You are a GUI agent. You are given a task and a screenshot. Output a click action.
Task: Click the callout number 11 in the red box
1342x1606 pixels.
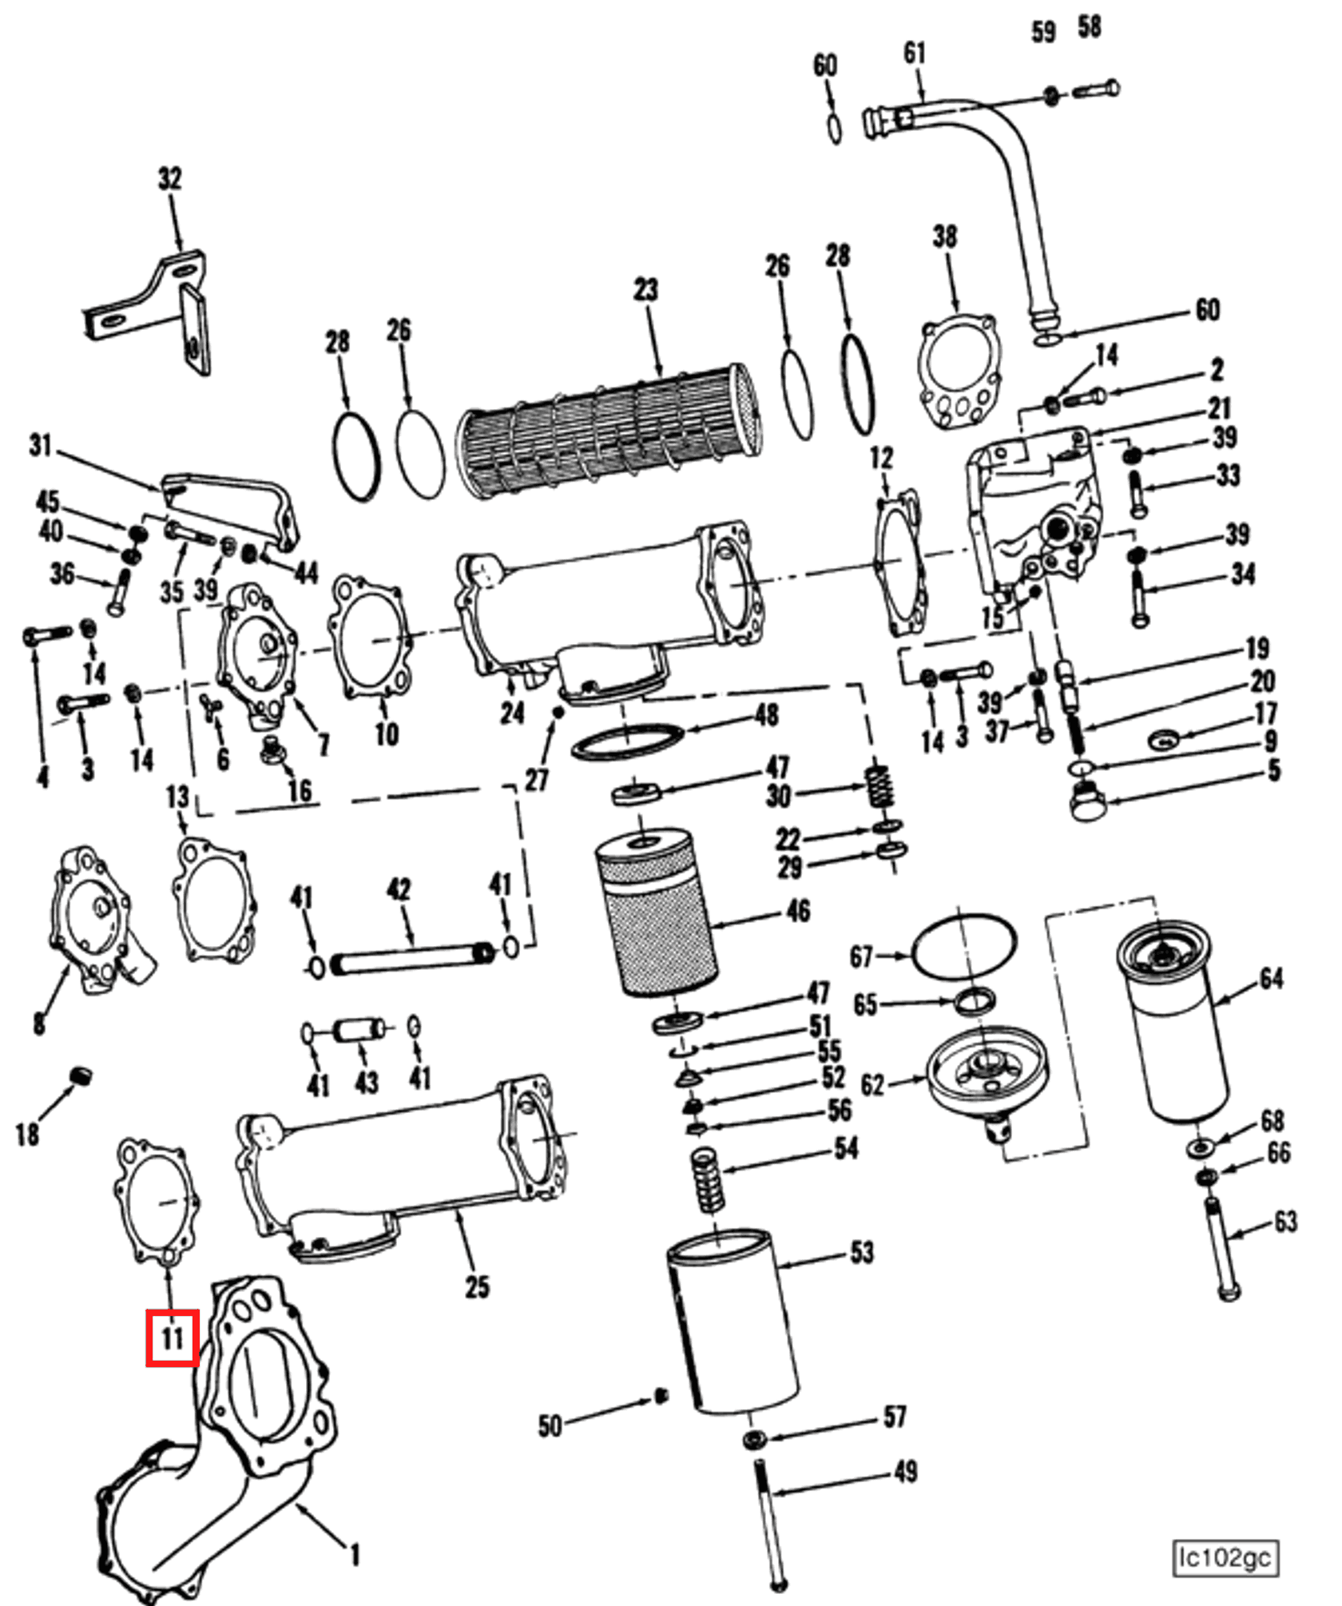pos(172,1338)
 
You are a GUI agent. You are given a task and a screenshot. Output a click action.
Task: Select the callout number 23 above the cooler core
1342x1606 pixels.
pos(645,289)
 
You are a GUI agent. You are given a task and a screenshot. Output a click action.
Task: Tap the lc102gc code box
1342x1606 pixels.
pos(1225,1558)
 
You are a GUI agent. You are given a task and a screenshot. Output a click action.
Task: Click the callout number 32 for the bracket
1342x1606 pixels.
pos(169,179)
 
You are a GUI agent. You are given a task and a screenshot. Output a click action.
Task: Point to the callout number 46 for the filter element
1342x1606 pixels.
pos(798,910)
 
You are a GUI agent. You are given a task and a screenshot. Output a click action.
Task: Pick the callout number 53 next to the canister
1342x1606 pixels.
pos(862,1252)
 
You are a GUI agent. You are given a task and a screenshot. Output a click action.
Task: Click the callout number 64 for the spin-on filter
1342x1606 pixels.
pos(1271,979)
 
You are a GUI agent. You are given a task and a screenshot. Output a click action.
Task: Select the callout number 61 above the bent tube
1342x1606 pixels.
pos(915,54)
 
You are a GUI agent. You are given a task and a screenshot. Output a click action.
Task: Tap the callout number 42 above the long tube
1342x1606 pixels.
pos(399,889)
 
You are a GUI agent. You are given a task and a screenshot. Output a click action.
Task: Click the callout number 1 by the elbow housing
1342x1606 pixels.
pos(355,1554)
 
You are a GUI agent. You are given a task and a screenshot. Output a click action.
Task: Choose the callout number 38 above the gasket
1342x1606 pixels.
pos(945,237)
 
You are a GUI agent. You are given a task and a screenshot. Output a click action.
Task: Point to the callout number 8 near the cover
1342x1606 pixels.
pos(38,1024)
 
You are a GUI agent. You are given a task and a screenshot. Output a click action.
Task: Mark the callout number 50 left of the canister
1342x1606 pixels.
pos(550,1425)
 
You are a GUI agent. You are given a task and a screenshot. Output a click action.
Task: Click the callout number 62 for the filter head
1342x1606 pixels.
pos(872,1085)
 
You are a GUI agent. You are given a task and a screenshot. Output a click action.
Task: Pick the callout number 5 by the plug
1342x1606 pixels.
pos(1274,770)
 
